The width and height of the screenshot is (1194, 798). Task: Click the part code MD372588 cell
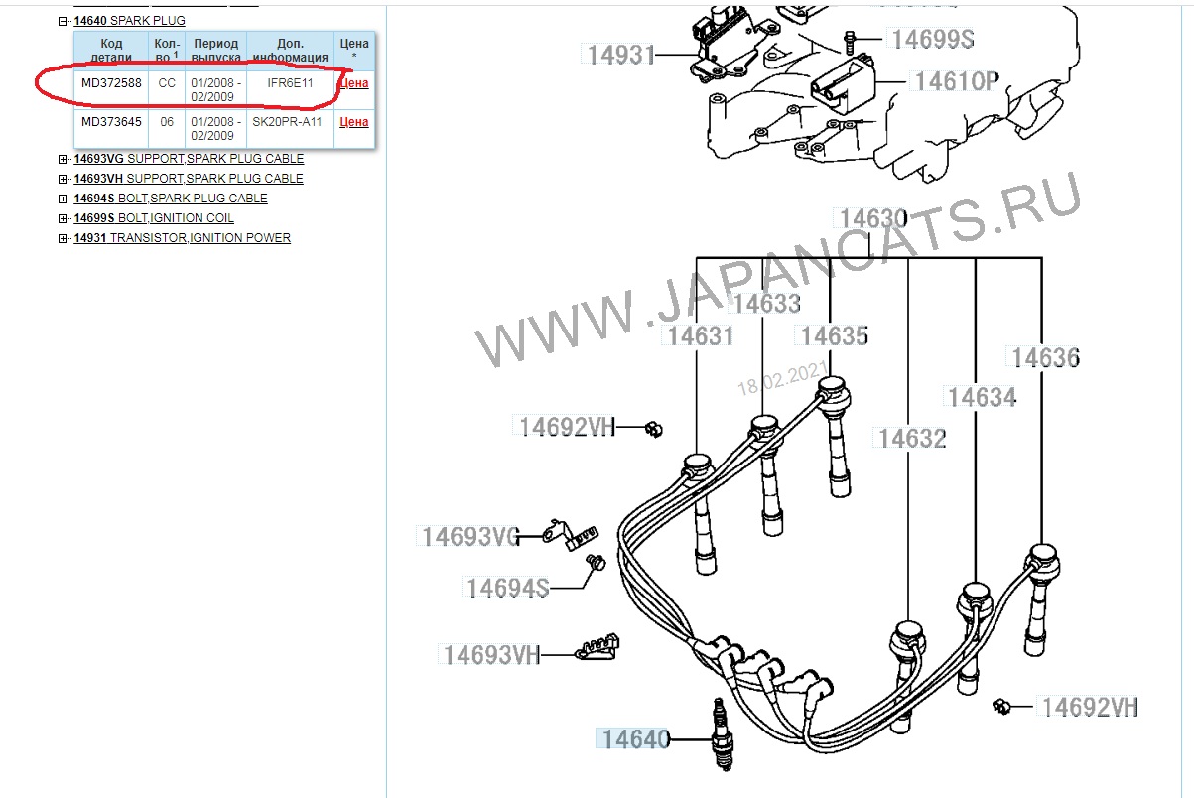tap(111, 83)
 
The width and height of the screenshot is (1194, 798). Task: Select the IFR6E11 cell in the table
tap(290, 83)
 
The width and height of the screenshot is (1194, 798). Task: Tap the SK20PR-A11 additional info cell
tap(287, 122)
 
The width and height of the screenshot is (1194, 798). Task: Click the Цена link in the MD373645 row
tap(354, 122)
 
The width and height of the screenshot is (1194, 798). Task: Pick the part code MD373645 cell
tap(111, 122)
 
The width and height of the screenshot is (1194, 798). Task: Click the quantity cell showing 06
tap(167, 122)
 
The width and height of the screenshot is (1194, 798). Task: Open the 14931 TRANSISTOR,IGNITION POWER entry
tap(183, 238)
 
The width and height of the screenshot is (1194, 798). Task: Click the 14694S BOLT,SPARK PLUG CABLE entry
tap(171, 199)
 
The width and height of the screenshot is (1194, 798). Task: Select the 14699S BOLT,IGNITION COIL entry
tap(154, 218)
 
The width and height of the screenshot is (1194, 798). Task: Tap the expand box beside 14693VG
tap(63, 159)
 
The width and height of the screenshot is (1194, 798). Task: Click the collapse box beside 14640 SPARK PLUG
tap(63, 21)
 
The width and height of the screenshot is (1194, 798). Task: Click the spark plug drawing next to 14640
tap(723, 734)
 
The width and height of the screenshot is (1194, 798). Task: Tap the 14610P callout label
tap(956, 81)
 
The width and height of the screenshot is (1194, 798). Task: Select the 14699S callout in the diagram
tap(933, 39)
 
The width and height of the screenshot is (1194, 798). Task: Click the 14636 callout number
tap(1045, 357)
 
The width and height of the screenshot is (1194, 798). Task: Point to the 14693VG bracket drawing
tap(570, 535)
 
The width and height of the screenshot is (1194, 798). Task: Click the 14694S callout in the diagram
tap(507, 588)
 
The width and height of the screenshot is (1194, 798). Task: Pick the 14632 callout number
tap(912, 439)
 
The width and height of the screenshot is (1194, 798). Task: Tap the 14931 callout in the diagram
tap(620, 55)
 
